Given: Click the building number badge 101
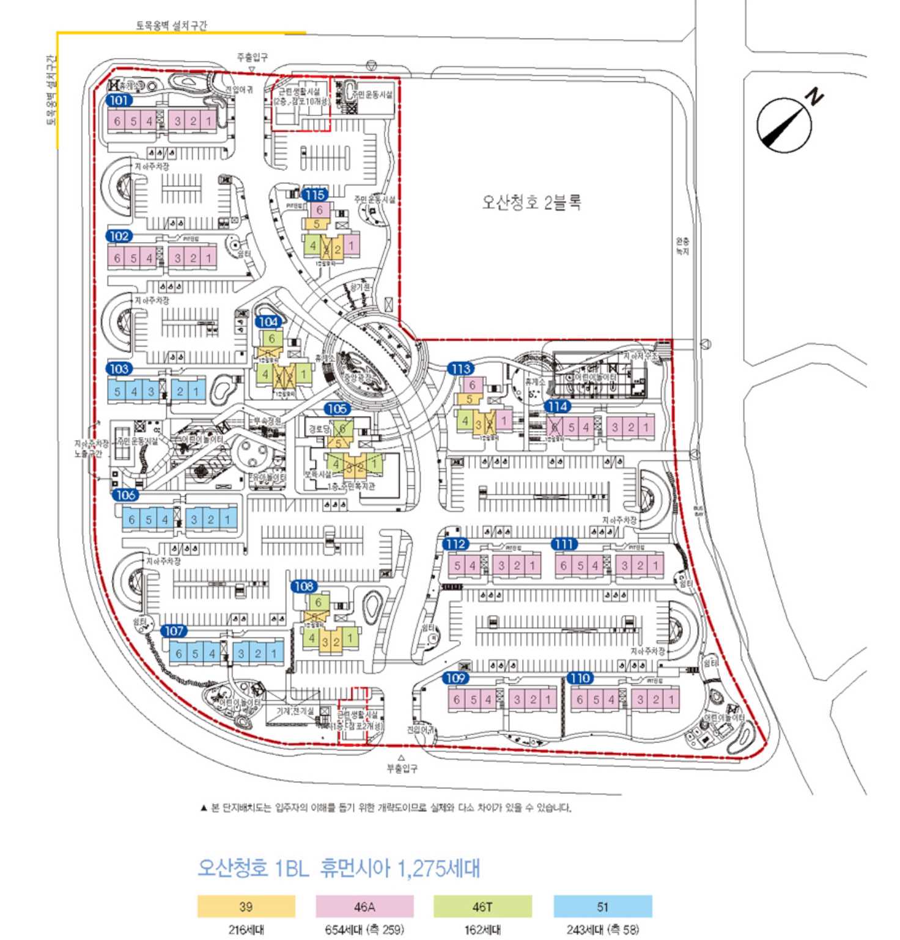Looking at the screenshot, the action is click(x=119, y=100).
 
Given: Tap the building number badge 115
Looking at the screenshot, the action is click(x=315, y=195).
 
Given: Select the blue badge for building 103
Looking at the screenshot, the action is click(x=119, y=369).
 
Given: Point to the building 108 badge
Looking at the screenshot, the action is click(x=304, y=586).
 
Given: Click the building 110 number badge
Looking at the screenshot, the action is click(x=580, y=678).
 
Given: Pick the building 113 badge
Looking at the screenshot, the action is click(x=461, y=369).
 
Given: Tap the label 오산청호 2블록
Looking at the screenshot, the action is click(x=531, y=202).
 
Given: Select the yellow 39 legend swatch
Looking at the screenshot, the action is click(x=246, y=906).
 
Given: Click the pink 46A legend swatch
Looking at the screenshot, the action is click(x=364, y=906).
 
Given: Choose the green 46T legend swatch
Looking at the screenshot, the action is click(x=482, y=906).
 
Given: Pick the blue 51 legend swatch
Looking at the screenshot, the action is click(x=602, y=906).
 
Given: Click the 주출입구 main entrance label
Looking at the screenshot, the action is click(x=252, y=57).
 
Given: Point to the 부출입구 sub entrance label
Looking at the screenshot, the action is click(x=402, y=768).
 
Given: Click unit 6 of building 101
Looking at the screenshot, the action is click(x=117, y=121).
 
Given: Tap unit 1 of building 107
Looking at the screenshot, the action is click(x=274, y=653).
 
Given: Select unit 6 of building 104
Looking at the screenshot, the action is click(x=272, y=339).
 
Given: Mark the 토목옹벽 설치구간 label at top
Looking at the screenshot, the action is click(x=171, y=25).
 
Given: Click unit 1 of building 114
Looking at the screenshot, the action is click(x=646, y=427).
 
